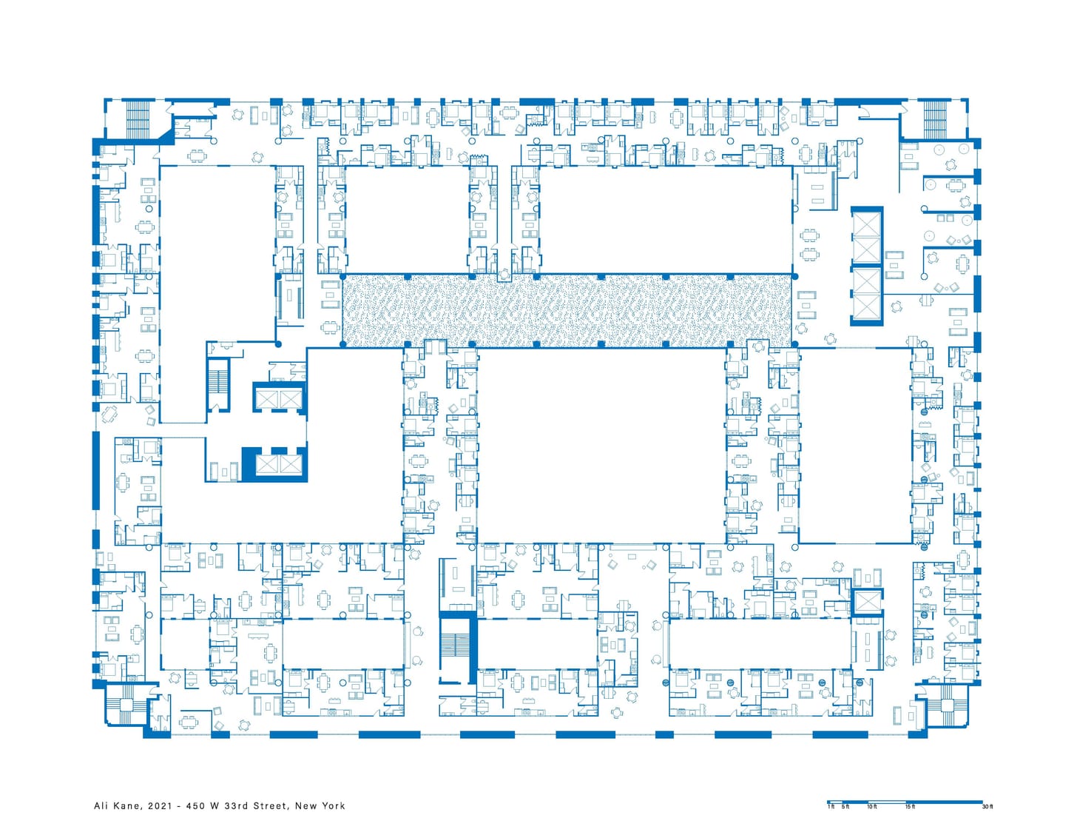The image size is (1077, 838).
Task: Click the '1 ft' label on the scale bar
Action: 831,807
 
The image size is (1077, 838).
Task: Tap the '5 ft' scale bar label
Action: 845,807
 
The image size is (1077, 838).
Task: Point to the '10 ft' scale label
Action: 872,807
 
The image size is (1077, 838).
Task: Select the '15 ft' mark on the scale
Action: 910,807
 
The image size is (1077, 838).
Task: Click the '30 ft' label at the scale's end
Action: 987,807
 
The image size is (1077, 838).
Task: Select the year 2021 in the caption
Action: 160,806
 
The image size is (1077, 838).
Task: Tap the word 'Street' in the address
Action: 271,806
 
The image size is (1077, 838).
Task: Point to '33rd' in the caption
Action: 236,806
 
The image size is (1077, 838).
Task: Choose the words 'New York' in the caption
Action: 320,806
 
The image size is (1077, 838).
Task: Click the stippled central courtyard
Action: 567,311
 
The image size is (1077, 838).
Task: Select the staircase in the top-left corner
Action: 138,118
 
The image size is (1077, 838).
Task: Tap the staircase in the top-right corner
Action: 934,118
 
